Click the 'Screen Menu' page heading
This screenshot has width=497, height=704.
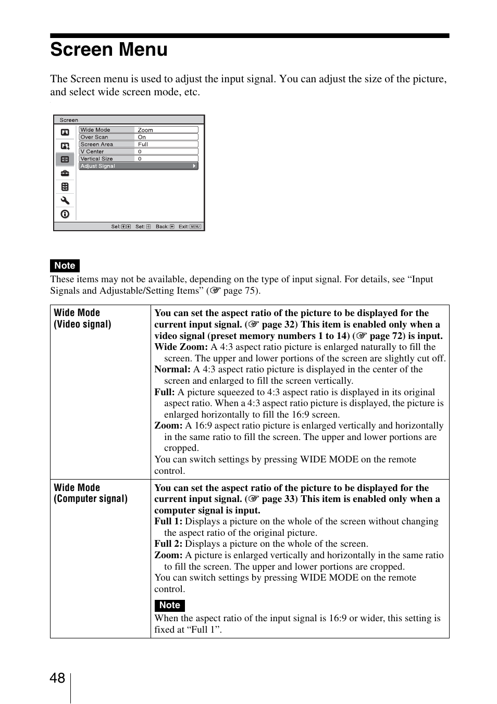(x=109, y=50)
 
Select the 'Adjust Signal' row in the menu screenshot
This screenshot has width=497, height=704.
(x=138, y=166)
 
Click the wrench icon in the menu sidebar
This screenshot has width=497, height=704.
(x=65, y=200)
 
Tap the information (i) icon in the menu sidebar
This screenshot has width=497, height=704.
(x=65, y=214)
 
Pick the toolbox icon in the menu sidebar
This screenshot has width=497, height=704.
(x=65, y=173)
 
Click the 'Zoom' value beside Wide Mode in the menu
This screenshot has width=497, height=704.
(x=145, y=130)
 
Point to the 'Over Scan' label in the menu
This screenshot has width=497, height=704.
(x=94, y=137)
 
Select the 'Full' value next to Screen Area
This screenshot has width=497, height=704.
(x=143, y=144)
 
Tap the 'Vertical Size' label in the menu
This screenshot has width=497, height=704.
(x=96, y=159)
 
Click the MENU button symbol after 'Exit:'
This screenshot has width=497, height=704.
(x=195, y=227)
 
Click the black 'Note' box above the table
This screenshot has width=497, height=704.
(x=65, y=266)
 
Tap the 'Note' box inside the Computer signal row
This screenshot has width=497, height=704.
(x=169, y=605)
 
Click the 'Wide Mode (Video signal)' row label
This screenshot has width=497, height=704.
(x=82, y=318)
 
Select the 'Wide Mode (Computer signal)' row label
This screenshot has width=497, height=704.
(x=90, y=493)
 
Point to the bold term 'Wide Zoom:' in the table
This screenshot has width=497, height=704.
(x=181, y=347)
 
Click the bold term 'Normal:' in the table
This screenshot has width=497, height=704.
(x=172, y=370)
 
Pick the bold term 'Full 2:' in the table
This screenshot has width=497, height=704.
(x=168, y=544)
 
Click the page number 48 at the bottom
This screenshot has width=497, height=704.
(x=57, y=678)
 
